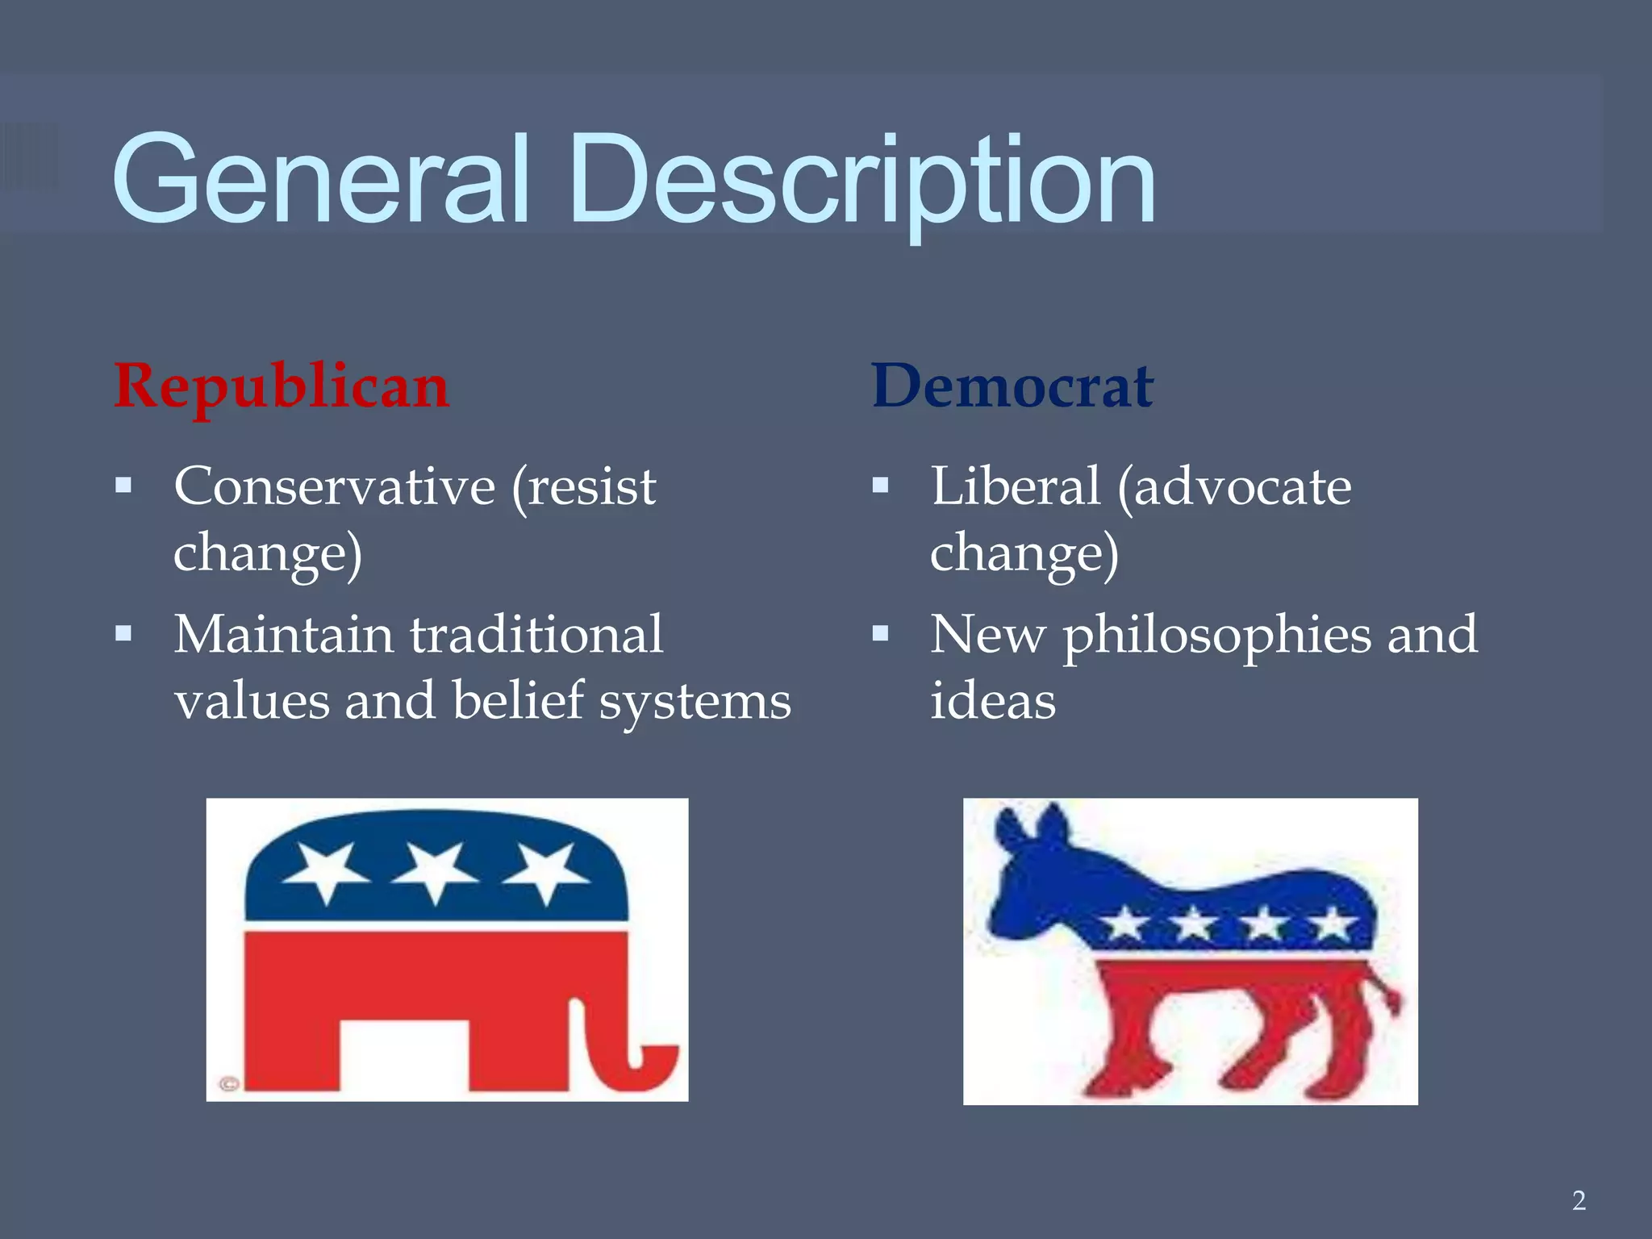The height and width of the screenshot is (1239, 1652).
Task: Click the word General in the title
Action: (x=321, y=179)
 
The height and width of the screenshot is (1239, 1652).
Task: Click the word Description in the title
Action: (x=861, y=179)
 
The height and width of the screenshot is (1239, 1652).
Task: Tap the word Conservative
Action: (x=334, y=486)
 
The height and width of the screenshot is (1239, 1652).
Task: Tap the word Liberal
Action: (x=1015, y=486)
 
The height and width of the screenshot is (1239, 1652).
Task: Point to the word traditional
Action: (x=536, y=634)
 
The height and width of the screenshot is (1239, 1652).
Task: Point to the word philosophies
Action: (x=1216, y=636)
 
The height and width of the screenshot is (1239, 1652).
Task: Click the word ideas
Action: (x=992, y=700)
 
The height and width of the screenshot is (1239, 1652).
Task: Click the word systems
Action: (x=695, y=702)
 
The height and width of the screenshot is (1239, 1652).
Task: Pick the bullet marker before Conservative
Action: (x=123, y=486)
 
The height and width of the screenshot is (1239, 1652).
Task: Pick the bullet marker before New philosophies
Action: (x=880, y=633)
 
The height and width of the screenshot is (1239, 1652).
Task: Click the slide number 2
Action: (x=1579, y=1200)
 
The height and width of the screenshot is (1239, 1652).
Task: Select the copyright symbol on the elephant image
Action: (x=228, y=1084)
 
